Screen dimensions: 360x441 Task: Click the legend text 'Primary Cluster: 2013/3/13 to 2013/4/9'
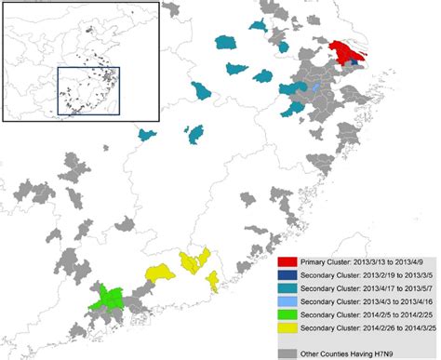[x=364, y=264]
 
